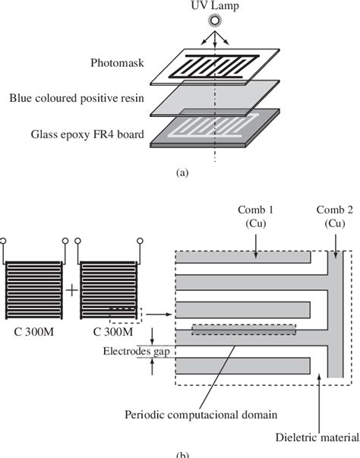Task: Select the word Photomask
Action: pyautogui.click(x=131, y=65)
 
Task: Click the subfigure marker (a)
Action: pyautogui.click(x=182, y=172)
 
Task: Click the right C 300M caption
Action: pyautogui.click(x=99, y=332)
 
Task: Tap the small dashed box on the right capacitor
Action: pyautogui.click(x=125, y=313)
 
